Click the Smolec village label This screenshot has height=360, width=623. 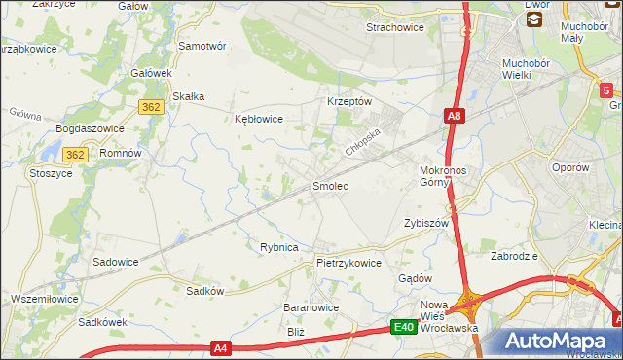(329, 185)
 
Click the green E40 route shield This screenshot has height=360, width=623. (405, 328)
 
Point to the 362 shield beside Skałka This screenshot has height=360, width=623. (150, 108)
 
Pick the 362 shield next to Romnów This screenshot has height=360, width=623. (76, 155)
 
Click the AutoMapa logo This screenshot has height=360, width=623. (558, 342)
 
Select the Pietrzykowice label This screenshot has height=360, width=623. (348, 263)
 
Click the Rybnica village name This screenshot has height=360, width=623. (278, 247)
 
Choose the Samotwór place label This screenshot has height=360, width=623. (202, 46)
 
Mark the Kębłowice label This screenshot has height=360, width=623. (259, 119)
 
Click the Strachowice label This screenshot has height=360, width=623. (394, 27)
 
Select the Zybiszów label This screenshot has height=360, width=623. (425, 223)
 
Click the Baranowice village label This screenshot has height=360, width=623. (311, 307)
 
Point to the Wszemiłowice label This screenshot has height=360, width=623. (45, 299)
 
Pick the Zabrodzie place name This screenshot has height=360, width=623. (516, 257)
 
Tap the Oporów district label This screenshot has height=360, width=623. (569, 167)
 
